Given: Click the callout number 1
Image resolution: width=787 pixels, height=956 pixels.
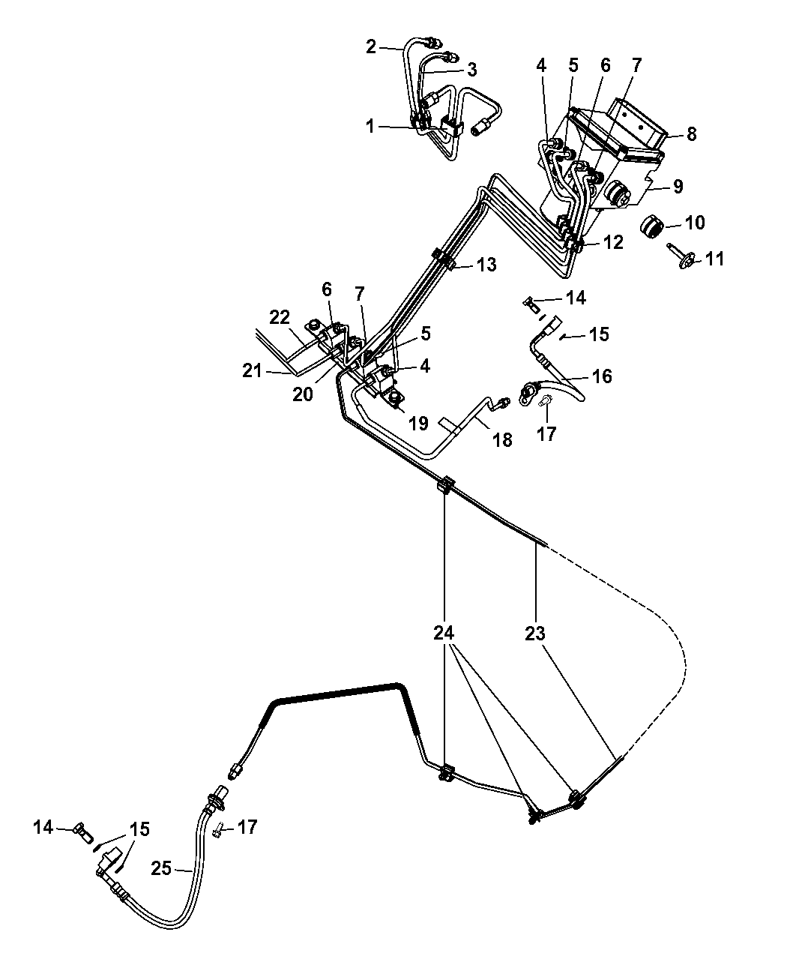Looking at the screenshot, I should point(370,127).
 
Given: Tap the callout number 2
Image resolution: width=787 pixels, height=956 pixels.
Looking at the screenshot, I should point(371,46).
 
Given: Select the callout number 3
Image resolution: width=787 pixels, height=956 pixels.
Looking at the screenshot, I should point(471,70).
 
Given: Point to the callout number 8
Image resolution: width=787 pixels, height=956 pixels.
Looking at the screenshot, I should point(691,134).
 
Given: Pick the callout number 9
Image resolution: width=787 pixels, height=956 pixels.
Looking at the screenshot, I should point(678,187).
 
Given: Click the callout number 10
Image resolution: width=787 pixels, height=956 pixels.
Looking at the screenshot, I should point(695,223).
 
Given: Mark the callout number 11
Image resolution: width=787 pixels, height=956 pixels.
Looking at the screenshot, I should point(715,259).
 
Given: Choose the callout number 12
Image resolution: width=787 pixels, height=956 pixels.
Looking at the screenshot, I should point(613,244).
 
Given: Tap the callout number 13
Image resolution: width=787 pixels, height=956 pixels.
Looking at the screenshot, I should point(486,265).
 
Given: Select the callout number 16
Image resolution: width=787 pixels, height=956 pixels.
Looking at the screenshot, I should point(602,376).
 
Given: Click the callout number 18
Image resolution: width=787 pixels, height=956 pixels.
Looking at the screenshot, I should point(502,439).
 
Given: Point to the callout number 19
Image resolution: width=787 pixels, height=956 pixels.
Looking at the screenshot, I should point(419,424).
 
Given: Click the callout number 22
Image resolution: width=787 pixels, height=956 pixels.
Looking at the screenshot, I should point(279,318).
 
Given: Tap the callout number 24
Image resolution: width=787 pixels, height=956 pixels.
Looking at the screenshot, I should point(444,634).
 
